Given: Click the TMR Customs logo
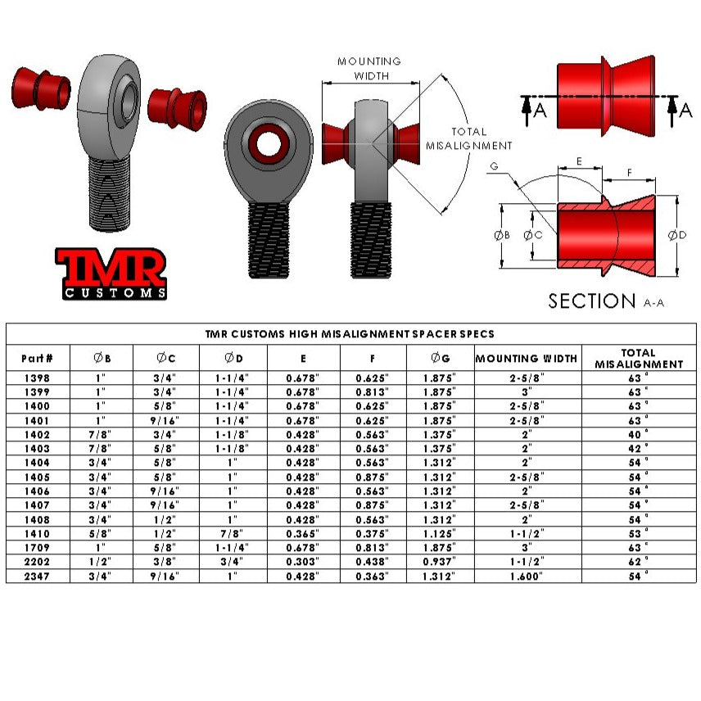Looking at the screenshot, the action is tap(111, 274).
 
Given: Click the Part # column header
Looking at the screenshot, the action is tap(37, 358).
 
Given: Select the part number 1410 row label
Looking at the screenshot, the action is tap(37, 534).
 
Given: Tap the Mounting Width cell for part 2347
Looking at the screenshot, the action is tap(527, 577).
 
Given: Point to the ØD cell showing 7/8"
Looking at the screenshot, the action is tap(232, 534).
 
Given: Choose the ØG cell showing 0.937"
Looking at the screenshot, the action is tap(440, 562).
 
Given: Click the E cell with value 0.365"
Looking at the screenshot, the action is tap(303, 534).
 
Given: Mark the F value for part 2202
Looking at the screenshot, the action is tap(372, 562).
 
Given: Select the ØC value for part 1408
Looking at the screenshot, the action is tap(165, 520).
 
